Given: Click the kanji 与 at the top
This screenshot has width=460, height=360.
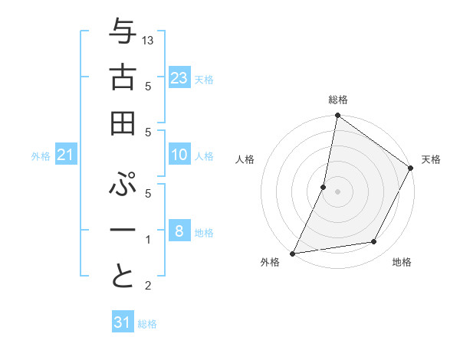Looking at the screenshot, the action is pos(123,33).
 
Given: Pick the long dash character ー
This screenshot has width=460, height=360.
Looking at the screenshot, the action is pos(123,231).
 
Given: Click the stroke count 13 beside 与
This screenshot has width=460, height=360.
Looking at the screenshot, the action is pos(149,40).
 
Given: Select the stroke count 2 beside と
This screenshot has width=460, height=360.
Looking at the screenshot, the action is pos(149,286).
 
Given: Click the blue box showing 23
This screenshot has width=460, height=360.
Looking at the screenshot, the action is pos(179,77).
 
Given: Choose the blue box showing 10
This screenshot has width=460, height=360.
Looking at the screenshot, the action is pos(179,155).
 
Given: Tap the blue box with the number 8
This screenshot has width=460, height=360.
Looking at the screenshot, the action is pos(179,231).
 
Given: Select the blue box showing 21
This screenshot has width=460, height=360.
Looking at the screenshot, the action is pos(66,155).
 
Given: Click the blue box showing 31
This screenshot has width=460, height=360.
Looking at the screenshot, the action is pos(122,322).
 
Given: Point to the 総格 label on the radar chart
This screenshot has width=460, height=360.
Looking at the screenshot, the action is pos(338,100).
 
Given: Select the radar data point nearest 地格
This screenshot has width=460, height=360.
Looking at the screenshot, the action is pos(374,242).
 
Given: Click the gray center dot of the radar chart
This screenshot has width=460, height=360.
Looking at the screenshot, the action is pos(337,191).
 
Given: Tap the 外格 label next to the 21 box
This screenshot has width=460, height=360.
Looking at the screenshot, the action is pos(41,156).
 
